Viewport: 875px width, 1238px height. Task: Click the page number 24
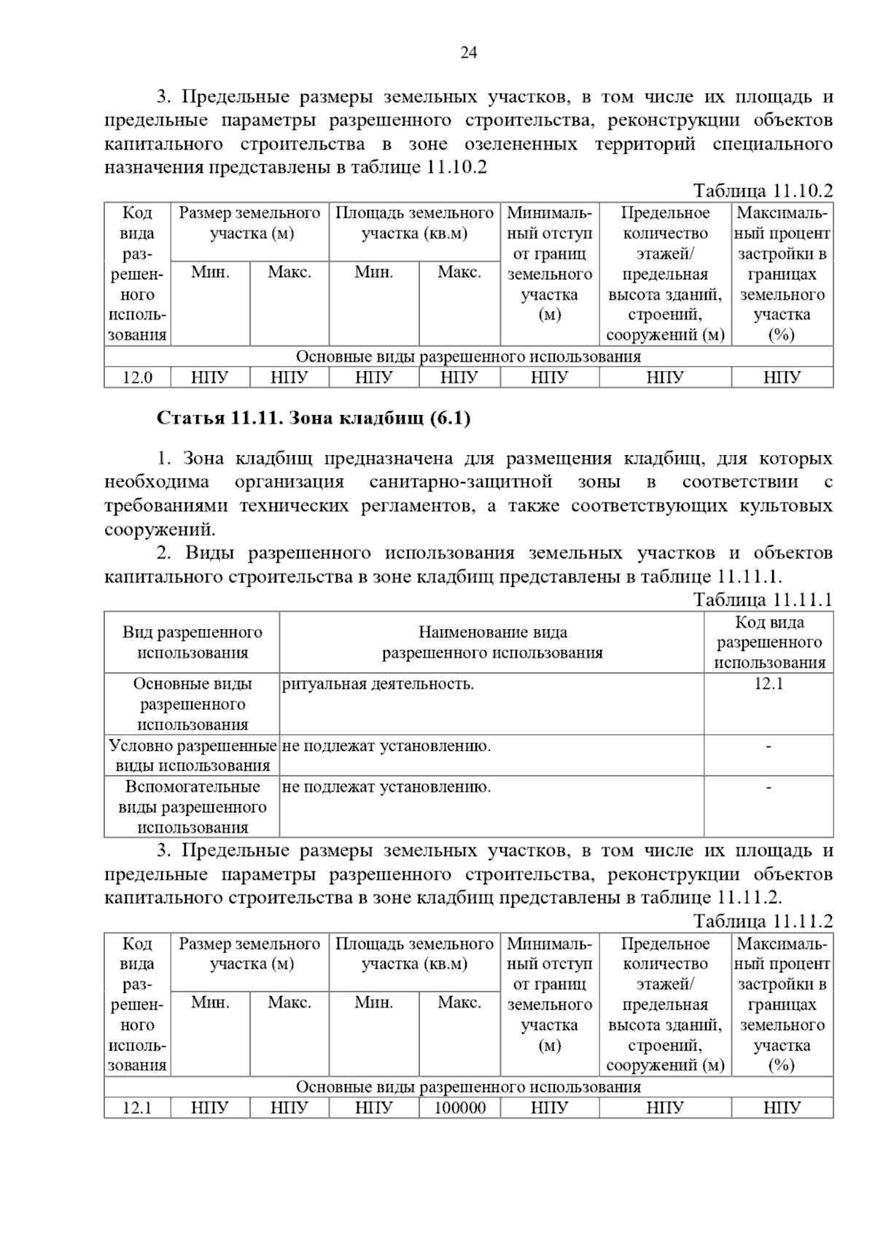(x=468, y=52)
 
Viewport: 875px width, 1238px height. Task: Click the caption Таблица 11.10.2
(x=762, y=191)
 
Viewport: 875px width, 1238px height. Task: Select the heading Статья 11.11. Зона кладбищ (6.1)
(x=314, y=418)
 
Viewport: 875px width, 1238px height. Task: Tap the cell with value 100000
(x=459, y=1108)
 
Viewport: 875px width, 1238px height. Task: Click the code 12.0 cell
(x=137, y=378)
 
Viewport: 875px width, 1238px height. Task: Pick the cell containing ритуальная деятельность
(x=378, y=685)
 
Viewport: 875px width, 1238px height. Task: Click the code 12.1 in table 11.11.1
(x=769, y=684)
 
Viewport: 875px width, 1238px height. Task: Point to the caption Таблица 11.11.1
(x=762, y=600)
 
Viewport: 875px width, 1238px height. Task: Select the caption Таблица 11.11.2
(x=762, y=922)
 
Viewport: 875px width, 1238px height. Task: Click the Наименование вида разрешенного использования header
(x=492, y=642)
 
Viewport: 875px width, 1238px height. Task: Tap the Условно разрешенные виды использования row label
(x=192, y=755)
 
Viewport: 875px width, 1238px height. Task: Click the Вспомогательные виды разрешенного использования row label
(x=192, y=807)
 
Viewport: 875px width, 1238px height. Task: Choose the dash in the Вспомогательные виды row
(x=769, y=787)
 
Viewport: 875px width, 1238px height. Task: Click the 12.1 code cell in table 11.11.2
(x=137, y=1108)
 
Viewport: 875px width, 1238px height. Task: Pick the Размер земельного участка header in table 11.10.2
(x=250, y=223)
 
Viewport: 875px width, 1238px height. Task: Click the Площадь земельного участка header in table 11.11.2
(x=414, y=954)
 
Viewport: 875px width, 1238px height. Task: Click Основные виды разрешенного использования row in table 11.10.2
(x=468, y=357)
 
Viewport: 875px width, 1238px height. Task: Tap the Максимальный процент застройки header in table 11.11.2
(x=782, y=1005)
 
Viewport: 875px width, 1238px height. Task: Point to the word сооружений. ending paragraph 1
(x=160, y=529)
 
